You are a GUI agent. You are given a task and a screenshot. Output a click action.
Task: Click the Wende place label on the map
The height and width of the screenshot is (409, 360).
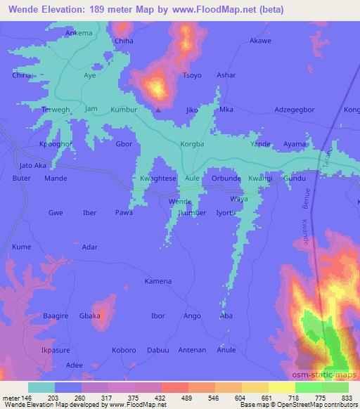pyautogui.click(x=180, y=201)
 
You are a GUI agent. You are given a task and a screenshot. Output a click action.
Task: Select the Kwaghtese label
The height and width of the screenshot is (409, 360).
pyautogui.click(x=158, y=178)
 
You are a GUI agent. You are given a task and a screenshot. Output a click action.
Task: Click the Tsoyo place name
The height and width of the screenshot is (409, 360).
pyautogui.click(x=192, y=75)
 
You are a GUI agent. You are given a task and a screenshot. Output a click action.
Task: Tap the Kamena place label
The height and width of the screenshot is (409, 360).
pyautogui.click(x=157, y=281)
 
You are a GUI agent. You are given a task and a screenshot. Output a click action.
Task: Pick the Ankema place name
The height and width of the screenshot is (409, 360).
pyautogui.click(x=79, y=33)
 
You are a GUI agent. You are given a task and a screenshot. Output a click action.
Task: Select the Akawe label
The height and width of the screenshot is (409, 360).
pyautogui.click(x=260, y=41)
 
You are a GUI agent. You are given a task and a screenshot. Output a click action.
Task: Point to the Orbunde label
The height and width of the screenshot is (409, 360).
pyautogui.click(x=226, y=178)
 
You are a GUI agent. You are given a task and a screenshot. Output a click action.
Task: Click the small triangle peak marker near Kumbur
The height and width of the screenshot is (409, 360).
pyautogui.click(x=158, y=109)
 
